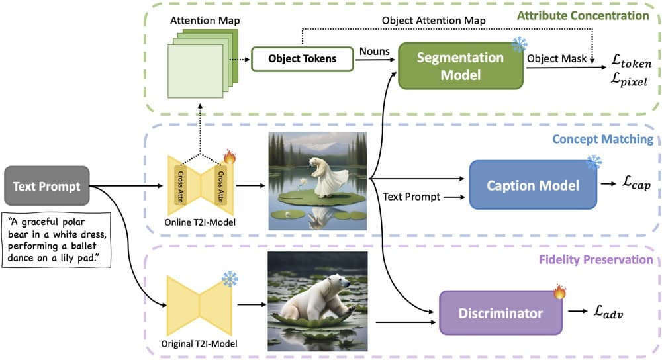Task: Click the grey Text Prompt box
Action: pyautogui.click(x=47, y=186)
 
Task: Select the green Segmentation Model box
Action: pyautogui.click(x=460, y=66)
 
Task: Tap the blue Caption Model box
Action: pyautogui.click(x=533, y=185)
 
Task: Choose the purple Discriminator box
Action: pyautogui.click(x=500, y=313)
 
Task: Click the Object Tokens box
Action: pyautogui.click(x=303, y=59)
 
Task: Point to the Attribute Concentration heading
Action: pyautogui.click(x=583, y=16)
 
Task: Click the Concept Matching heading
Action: pyautogui.click(x=603, y=139)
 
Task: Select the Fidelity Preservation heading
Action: pyautogui.click(x=596, y=259)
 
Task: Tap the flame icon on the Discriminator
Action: pyautogui.click(x=559, y=291)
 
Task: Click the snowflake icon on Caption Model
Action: pyautogui.click(x=594, y=162)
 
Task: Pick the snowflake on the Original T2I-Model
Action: pyautogui.click(x=230, y=279)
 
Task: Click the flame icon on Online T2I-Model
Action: pyautogui.click(x=230, y=156)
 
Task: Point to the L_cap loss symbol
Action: pyautogui.click(x=637, y=183)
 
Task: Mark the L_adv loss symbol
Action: pyautogui.click(x=608, y=312)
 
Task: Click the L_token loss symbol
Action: pyautogui.click(x=631, y=61)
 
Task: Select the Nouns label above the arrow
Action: pyautogui.click(x=375, y=51)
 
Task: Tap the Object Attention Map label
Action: pyautogui.click(x=434, y=21)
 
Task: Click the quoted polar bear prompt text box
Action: pyautogui.click(x=56, y=240)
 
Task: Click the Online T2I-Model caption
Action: pyautogui.click(x=200, y=222)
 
